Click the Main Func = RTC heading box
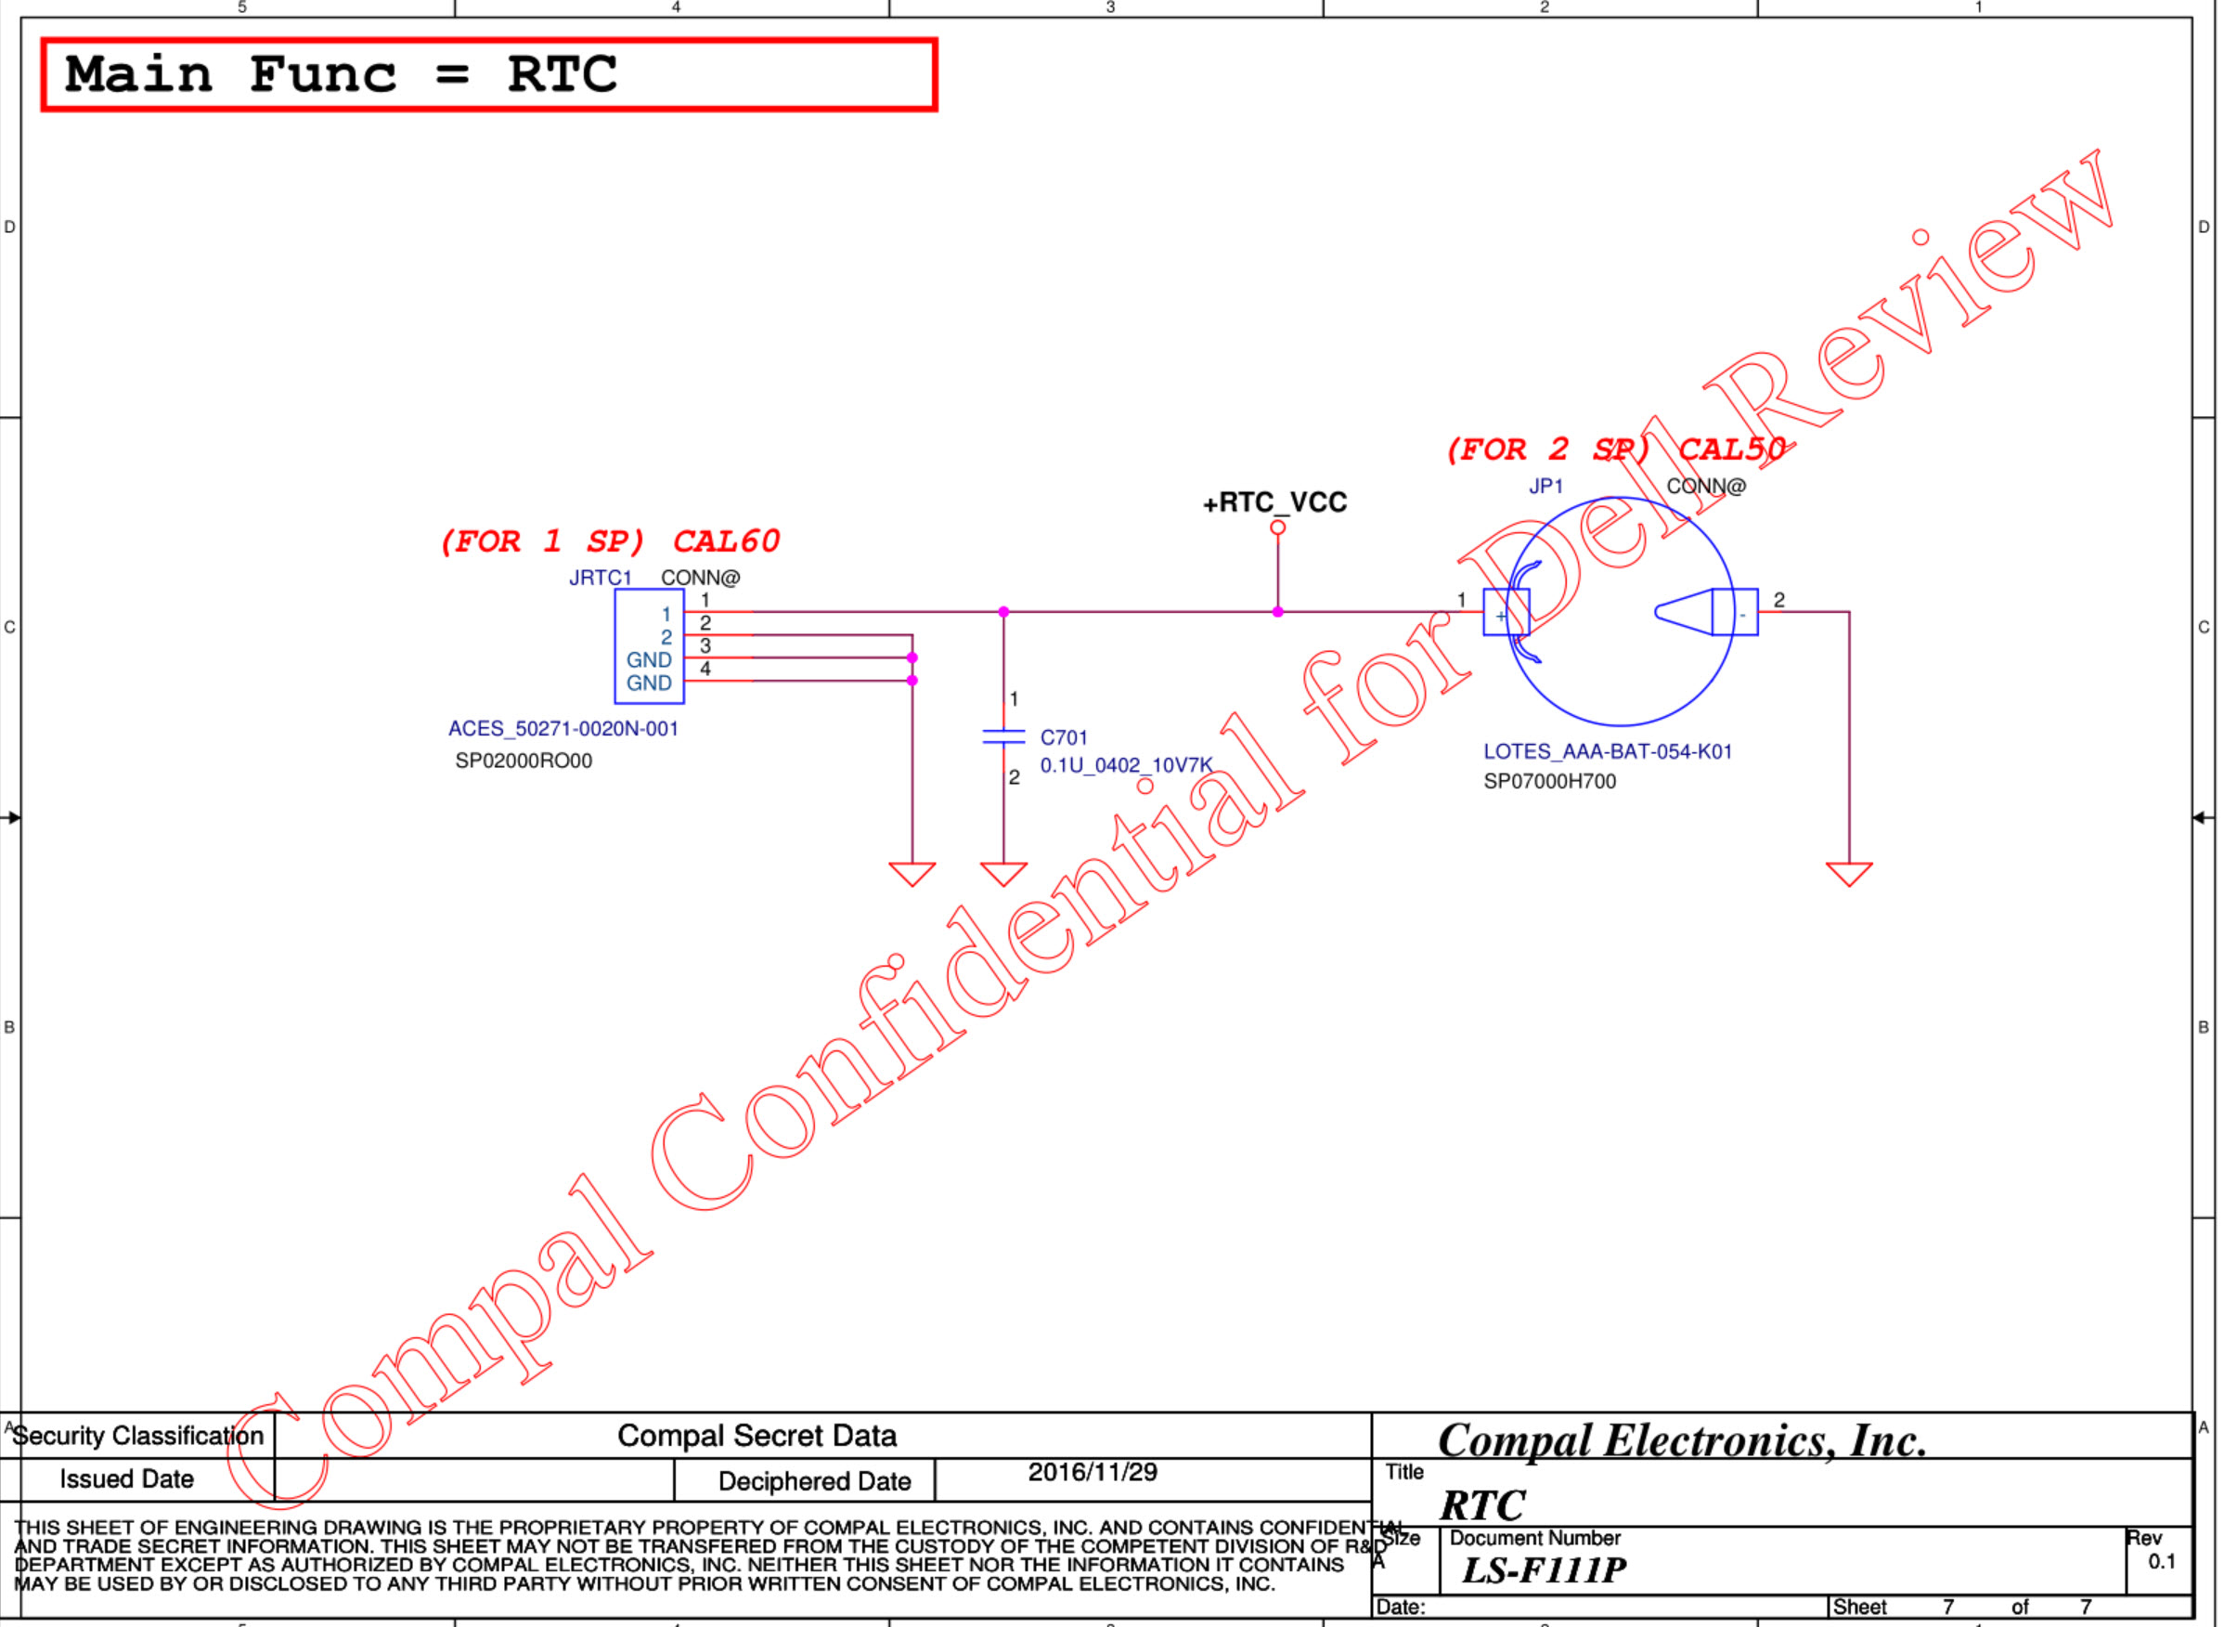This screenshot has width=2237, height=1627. click(x=488, y=75)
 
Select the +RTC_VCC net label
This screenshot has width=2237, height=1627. click(x=1274, y=503)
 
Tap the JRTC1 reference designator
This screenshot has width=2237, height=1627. click(x=600, y=579)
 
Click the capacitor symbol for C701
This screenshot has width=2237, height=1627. click(x=1003, y=737)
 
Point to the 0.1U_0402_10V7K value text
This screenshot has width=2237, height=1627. click(x=1125, y=765)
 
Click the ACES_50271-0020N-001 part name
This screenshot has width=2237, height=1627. click(x=563, y=729)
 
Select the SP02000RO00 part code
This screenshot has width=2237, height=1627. click(x=523, y=761)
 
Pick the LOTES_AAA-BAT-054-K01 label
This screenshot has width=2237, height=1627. click(x=1608, y=752)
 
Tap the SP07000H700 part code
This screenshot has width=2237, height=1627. click(x=1549, y=781)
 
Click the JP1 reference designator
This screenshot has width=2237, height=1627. click(x=1545, y=487)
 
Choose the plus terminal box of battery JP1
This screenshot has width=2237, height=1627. click(x=1506, y=613)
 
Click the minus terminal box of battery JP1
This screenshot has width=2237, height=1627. click(x=1735, y=613)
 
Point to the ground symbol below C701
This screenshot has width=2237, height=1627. click(x=1003, y=873)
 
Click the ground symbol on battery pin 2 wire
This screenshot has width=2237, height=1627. click(x=1848, y=873)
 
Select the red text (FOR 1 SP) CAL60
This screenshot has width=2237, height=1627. click(x=610, y=541)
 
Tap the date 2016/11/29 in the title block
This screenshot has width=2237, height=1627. click(x=1092, y=1473)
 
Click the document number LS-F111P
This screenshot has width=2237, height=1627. click(x=1544, y=1569)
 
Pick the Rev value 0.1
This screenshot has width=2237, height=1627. click(x=2161, y=1562)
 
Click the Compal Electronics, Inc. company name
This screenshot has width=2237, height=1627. click(x=1682, y=1441)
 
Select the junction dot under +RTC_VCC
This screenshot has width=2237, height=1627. click(x=1277, y=613)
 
